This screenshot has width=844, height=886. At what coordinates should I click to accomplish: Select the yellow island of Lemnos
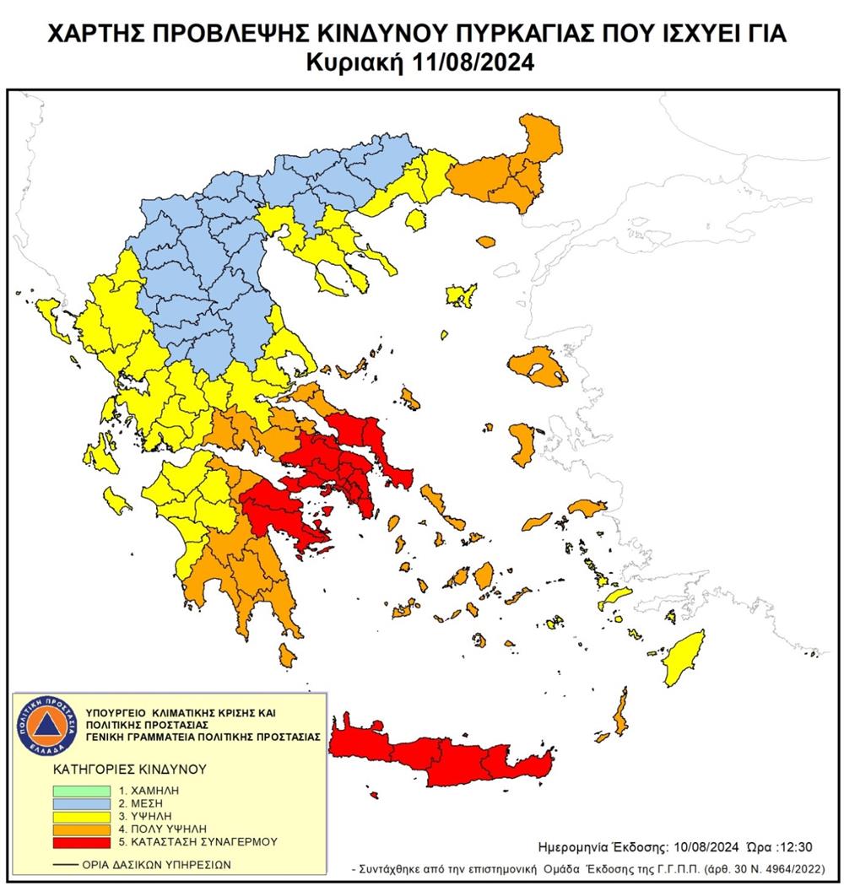coord(460,296)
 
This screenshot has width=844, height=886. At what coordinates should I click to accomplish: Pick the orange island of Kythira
coord(288,653)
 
